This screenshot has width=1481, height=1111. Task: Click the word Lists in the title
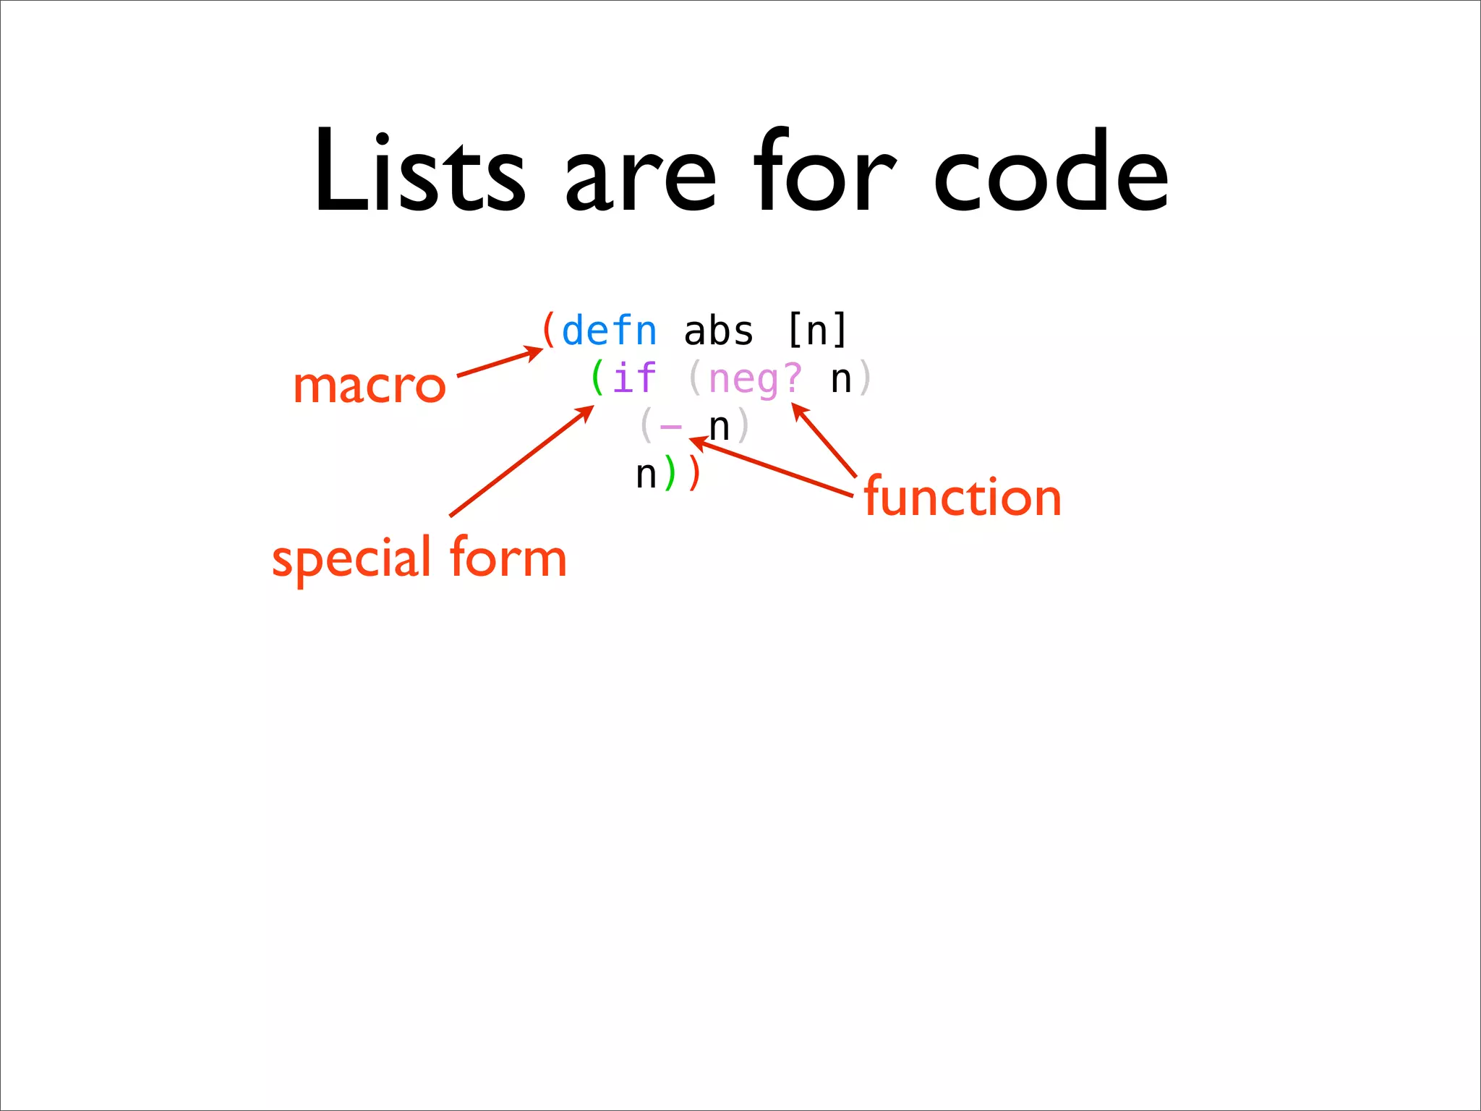tap(419, 172)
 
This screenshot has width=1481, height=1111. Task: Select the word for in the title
tap(824, 172)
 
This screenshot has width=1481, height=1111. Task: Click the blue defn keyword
tap(609, 331)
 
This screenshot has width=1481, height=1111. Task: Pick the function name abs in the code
tap(718, 331)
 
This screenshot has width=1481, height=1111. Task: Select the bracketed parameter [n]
tap(816, 331)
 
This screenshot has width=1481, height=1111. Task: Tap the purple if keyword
tap(634, 379)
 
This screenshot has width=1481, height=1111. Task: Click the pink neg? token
tap(755, 379)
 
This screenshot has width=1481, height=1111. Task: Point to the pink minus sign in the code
tap(671, 427)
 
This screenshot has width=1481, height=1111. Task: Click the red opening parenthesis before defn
tap(549, 331)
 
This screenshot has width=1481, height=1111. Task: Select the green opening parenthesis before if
tap(597, 378)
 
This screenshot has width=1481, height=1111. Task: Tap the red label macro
tap(369, 386)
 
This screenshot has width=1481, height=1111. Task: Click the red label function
tap(962, 498)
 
